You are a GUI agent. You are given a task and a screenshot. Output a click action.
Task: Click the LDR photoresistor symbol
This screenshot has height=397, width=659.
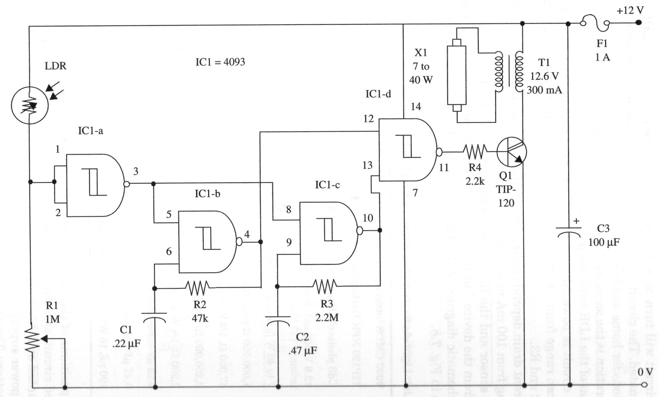[x=30, y=105]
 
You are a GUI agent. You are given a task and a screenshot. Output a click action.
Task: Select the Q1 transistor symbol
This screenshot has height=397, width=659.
[x=511, y=152]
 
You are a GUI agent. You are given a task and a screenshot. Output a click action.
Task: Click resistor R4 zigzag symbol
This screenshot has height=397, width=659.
[x=475, y=152]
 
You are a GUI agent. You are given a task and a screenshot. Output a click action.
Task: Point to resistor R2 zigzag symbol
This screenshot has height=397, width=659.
[x=197, y=288]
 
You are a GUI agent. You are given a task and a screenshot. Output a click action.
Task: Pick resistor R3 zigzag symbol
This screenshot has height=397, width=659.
[x=324, y=286]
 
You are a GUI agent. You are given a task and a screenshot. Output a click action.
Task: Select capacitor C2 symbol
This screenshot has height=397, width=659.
[x=278, y=319]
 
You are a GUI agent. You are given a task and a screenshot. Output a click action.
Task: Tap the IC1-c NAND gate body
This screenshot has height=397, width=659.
[x=328, y=233]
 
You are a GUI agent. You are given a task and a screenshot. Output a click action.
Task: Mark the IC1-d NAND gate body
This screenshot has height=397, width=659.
[x=407, y=150]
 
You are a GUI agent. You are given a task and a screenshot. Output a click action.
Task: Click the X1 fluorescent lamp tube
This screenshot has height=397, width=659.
[x=456, y=76]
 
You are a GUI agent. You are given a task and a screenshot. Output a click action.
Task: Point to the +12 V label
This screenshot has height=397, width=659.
[x=630, y=11]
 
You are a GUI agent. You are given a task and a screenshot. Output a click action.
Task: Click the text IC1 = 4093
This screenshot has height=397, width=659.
[x=220, y=62]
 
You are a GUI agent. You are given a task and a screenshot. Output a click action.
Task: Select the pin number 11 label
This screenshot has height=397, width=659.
[x=444, y=168]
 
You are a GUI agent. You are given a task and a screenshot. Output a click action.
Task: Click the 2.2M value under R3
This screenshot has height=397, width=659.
[x=327, y=317]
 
